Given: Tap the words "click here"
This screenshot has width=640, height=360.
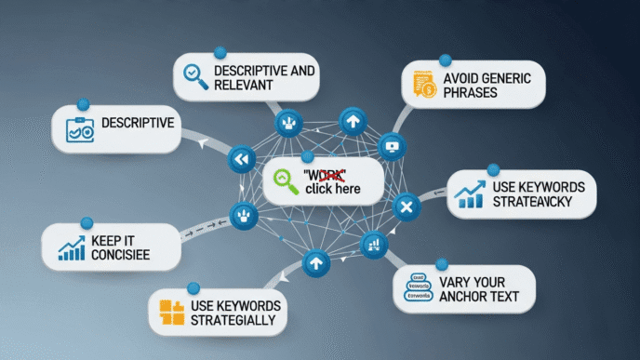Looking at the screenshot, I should click(332, 190).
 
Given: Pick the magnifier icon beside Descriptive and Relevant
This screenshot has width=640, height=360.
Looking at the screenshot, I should click(195, 77).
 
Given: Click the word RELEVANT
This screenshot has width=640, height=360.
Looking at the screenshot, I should click(244, 86).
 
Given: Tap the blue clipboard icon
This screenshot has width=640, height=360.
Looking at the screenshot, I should click(79, 129).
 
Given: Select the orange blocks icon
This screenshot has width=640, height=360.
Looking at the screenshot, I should click(172, 313).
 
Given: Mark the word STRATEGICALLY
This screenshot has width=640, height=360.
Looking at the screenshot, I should click(233, 321).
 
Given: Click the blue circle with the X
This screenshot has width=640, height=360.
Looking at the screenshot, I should click(405, 207).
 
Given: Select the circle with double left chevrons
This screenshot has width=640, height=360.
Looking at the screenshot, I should click(242, 160).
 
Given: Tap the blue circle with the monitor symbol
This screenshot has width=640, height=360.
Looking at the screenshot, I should click(391, 146).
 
